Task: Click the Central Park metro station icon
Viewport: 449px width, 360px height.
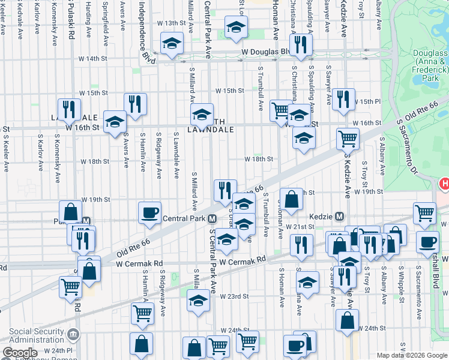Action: (212, 217)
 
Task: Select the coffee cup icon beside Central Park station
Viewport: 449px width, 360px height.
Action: (149, 212)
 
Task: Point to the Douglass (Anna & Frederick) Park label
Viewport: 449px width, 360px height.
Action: (431, 65)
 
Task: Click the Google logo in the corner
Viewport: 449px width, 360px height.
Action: (19, 353)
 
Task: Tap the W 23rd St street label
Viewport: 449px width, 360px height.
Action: (234, 296)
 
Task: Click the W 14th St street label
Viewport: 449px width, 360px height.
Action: (92, 59)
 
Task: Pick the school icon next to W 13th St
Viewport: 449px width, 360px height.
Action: (237, 26)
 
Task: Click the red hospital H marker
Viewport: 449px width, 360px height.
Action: (445, 182)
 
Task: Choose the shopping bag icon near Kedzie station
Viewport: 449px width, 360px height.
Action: (291, 200)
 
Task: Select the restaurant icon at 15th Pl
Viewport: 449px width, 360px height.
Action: (343, 98)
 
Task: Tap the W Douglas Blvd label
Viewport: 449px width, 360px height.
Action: (265, 52)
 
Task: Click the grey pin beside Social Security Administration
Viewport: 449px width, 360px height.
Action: (73, 334)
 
